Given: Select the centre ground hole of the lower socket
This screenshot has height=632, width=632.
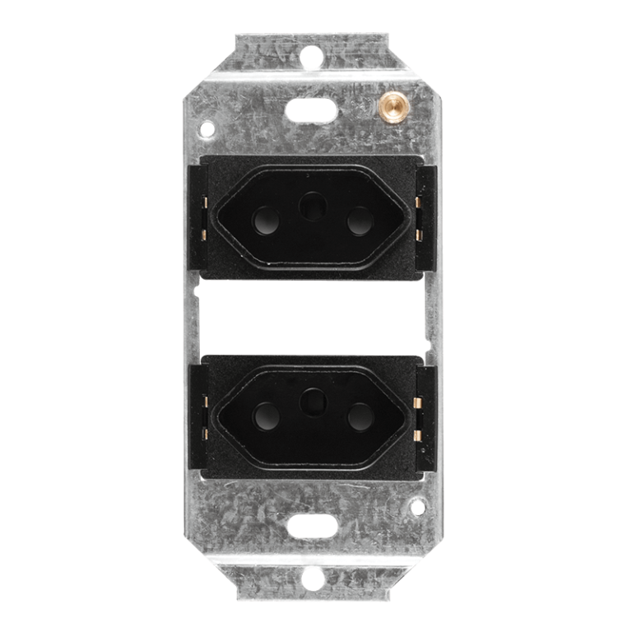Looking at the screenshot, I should (x=312, y=402).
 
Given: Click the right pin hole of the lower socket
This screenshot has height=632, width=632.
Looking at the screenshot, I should (x=360, y=418).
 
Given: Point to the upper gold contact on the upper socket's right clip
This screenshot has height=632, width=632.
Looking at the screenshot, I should (x=419, y=202).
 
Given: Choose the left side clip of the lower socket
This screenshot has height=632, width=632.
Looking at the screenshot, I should (x=201, y=411).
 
